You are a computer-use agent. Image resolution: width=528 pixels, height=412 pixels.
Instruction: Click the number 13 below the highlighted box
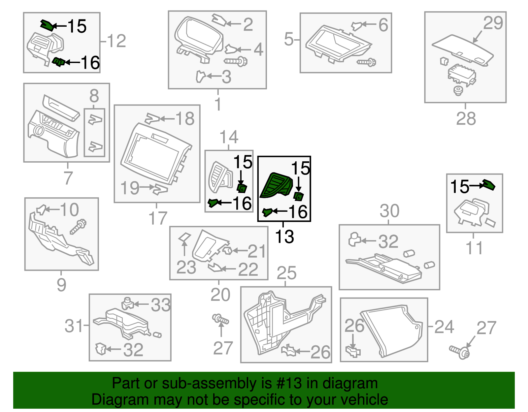[284, 237]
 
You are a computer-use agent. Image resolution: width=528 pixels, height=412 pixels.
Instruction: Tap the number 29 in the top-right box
[493, 23]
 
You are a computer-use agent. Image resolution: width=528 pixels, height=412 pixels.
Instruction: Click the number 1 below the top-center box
[218, 104]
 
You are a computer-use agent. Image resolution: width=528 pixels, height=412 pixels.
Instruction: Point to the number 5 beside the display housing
[288, 40]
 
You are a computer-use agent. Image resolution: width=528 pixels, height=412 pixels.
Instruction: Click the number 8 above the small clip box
[94, 96]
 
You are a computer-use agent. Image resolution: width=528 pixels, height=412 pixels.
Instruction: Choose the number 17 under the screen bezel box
[158, 218]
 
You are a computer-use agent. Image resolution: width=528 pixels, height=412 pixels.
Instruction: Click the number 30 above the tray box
[389, 211]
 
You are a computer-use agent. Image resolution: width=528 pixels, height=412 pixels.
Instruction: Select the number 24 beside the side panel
[444, 327]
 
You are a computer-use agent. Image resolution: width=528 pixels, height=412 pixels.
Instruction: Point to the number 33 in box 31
[161, 305]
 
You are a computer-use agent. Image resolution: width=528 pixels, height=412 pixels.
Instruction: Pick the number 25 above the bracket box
[286, 273]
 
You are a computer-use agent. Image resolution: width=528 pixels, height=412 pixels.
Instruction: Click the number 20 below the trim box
[220, 295]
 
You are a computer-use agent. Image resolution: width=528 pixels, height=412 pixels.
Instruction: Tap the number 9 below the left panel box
[61, 285]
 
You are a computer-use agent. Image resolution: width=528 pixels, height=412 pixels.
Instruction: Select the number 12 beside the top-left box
[116, 41]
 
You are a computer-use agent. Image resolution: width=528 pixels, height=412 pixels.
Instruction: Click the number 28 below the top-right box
[466, 118]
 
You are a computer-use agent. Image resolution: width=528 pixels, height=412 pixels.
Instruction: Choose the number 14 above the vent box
[229, 137]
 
